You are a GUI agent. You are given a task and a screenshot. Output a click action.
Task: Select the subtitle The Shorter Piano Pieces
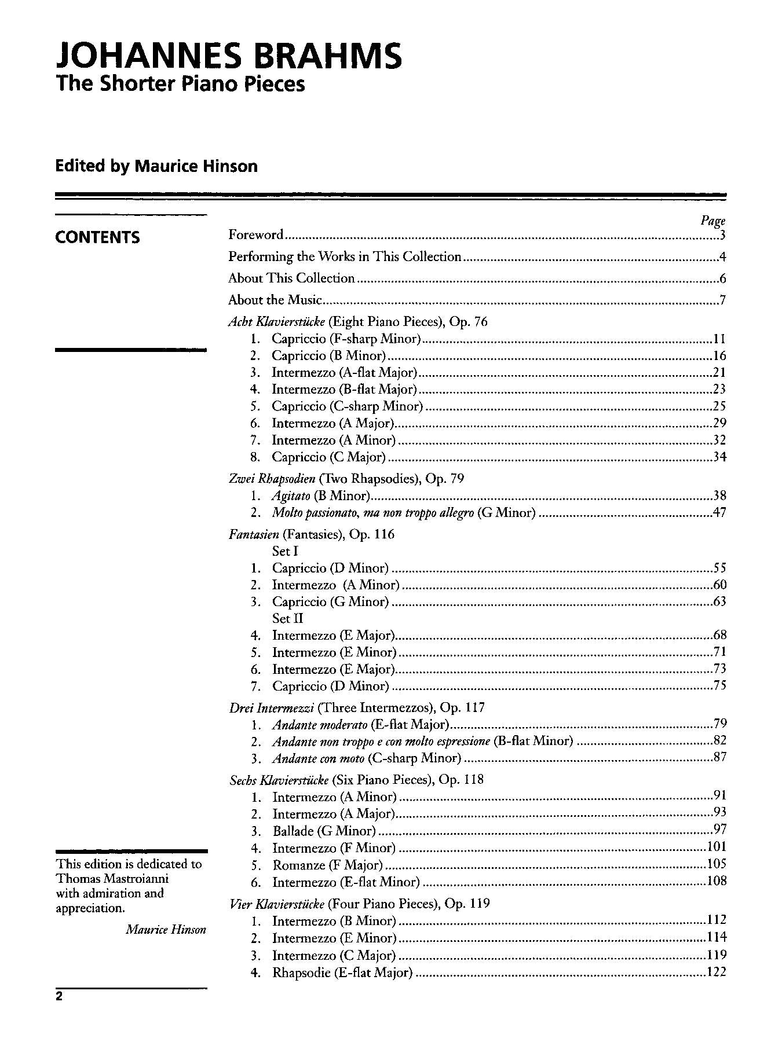180,84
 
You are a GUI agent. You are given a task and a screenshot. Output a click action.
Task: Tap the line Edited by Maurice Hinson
156,166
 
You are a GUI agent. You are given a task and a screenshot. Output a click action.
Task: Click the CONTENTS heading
97,237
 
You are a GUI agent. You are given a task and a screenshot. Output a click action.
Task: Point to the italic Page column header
713,221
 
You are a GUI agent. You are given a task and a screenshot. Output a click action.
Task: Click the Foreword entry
256,234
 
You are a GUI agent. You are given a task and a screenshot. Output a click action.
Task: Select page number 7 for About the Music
722,300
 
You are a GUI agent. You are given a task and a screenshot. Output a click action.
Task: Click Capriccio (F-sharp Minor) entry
346,339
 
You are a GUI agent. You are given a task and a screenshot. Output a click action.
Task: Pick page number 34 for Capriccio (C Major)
719,457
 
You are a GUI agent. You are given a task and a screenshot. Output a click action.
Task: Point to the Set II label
288,618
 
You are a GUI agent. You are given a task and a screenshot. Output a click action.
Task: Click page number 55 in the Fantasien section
719,567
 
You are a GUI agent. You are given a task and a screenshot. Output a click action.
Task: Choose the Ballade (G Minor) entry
324,831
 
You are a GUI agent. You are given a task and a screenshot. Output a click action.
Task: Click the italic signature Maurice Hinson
166,930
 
